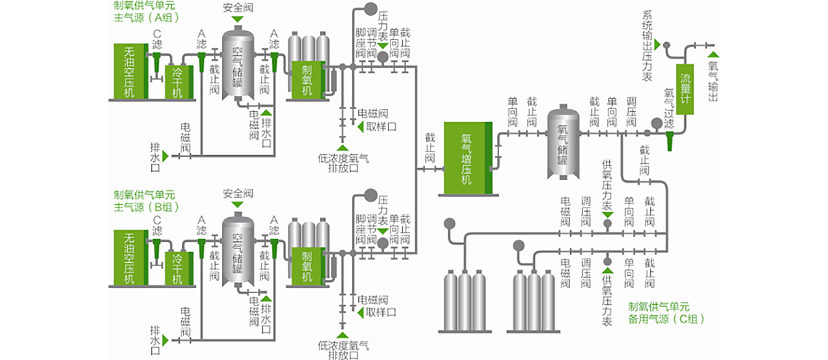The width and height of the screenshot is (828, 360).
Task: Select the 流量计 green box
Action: coord(685,86)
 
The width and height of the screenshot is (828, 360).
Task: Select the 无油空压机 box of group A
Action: coord(130,72)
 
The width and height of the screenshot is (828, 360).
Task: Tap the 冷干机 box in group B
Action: coord(178,267)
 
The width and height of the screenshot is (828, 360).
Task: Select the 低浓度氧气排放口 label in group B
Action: coord(343,350)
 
